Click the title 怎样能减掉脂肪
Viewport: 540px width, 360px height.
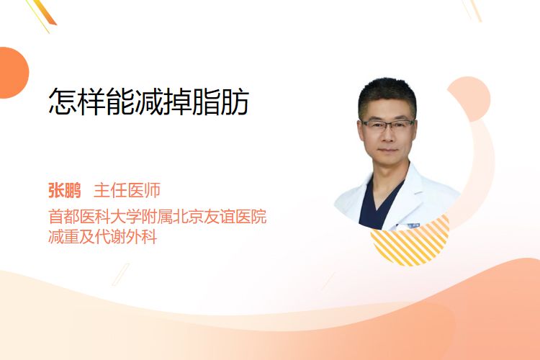148,102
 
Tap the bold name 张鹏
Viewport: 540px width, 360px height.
64,191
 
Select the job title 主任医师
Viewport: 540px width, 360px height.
127,191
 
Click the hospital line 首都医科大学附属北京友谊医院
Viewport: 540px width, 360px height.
158,217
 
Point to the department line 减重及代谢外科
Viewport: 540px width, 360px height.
103,237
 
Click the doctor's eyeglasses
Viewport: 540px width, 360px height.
388,125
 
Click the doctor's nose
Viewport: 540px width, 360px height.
388,135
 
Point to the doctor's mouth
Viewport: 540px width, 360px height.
388,150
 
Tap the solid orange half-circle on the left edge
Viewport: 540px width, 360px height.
14,73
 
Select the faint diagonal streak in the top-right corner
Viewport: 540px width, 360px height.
472,10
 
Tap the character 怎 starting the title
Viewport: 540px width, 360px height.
63,102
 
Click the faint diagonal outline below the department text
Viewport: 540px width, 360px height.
120,274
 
